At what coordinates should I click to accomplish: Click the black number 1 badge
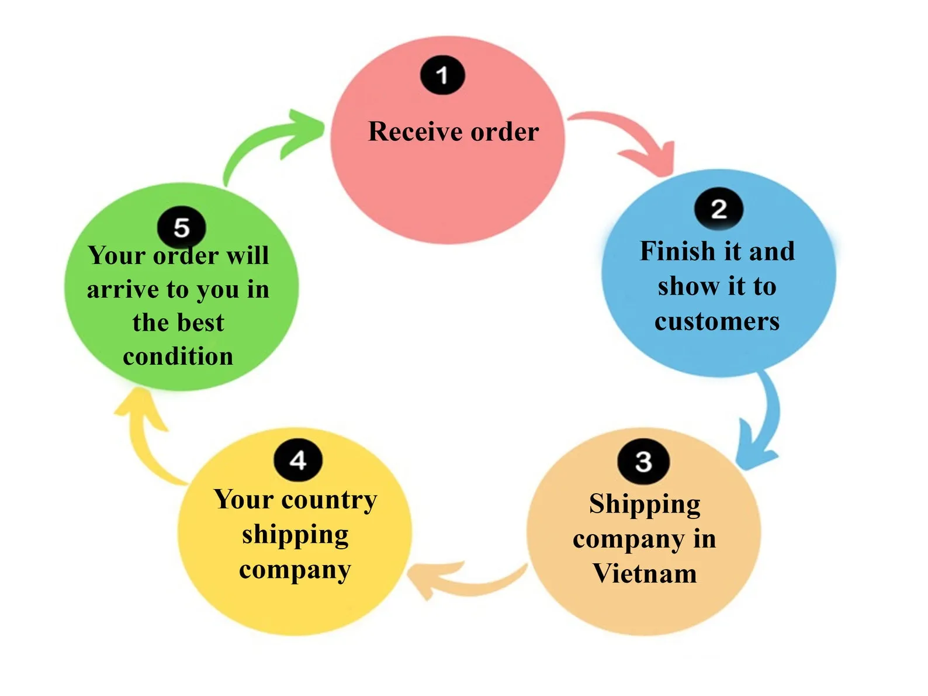(x=442, y=75)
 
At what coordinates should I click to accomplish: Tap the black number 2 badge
(x=719, y=209)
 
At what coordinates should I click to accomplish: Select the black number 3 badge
(x=643, y=462)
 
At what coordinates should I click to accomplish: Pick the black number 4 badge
(x=298, y=460)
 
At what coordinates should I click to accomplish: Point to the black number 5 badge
(x=182, y=227)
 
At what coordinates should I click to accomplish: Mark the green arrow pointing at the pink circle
(x=268, y=141)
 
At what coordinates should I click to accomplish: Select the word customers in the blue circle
(x=717, y=321)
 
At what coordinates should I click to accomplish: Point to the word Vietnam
(x=645, y=573)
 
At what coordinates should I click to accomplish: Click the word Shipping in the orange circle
(x=645, y=505)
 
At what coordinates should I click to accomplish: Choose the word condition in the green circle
(x=178, y=356)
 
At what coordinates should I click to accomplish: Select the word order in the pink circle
(x=505, y=131)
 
